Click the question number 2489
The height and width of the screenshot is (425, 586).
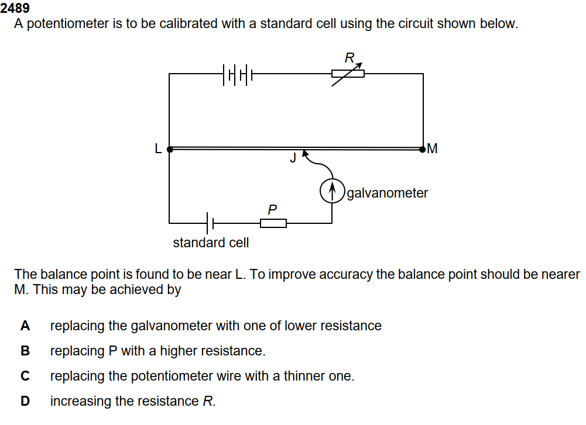coord(15,9)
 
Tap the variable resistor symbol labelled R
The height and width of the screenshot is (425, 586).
coord(348,74)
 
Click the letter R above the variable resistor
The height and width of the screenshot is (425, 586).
coord(349,58)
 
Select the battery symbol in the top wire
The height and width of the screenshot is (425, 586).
coord(238,74)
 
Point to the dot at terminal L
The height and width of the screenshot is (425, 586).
coord(170,149)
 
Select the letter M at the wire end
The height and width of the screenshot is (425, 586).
coord(433,148)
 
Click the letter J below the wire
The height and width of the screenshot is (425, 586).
coord(292,157)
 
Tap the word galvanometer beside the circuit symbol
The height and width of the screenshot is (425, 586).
coord(387,193)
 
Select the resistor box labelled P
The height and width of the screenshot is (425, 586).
coord(273,223)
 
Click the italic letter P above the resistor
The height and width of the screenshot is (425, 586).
coord(272,209)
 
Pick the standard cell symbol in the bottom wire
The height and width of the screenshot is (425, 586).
coord(211,223)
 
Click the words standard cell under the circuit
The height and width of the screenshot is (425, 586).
coord(211,243)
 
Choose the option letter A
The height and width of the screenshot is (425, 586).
coord(25,326)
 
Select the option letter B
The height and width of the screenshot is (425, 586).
coord(25,351)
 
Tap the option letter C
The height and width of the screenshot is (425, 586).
coord(25,376)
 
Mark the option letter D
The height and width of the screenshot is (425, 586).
coord(25,402)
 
